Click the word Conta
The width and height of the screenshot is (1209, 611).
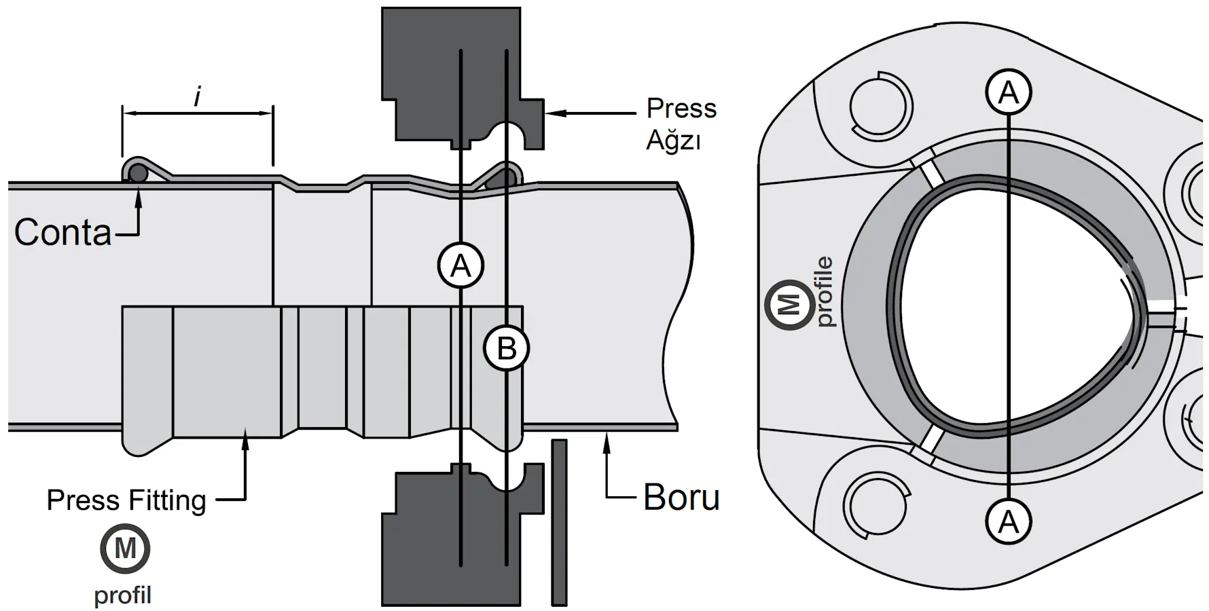pos(62,233)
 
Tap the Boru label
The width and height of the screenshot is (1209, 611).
pos(681,498)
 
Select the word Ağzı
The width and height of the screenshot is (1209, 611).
pos(672,141)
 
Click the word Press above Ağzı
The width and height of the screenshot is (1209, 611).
pos(681,109)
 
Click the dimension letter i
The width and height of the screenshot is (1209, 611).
pos(197,97)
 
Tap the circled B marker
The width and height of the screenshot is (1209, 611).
pos(506,348)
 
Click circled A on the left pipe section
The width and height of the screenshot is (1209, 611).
pos(461,265)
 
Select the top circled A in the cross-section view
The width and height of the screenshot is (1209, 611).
pos(1009,92)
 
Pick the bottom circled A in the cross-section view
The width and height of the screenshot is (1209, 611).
pos(1009,521)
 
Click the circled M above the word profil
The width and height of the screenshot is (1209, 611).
pos(125,548)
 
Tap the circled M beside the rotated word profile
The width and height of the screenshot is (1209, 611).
pos(789,305)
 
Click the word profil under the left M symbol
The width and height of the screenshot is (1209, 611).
pos(122,595)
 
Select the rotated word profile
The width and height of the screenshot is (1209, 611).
pos(824,292)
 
